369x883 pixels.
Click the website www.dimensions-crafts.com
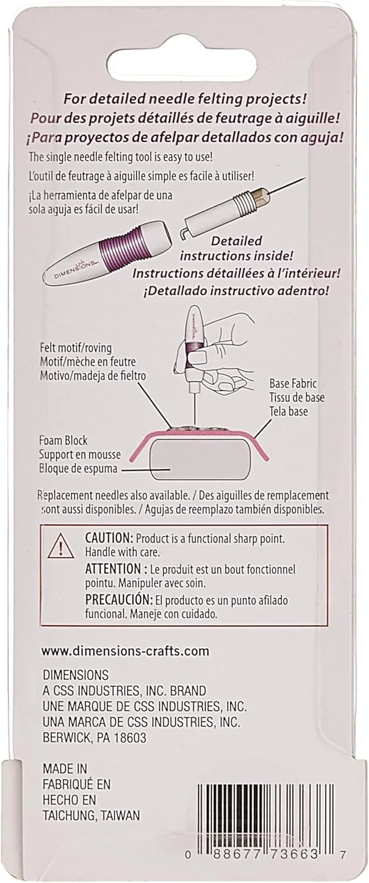pos(125,650)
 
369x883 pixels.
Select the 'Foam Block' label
pos(63,440)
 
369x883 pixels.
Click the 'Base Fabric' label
pos(293,383)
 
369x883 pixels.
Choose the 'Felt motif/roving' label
pos(76,348)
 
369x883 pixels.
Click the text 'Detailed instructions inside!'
pos(236,248)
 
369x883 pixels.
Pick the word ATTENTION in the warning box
pos(113,569)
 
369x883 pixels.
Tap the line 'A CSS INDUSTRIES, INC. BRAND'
pos(125,691)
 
